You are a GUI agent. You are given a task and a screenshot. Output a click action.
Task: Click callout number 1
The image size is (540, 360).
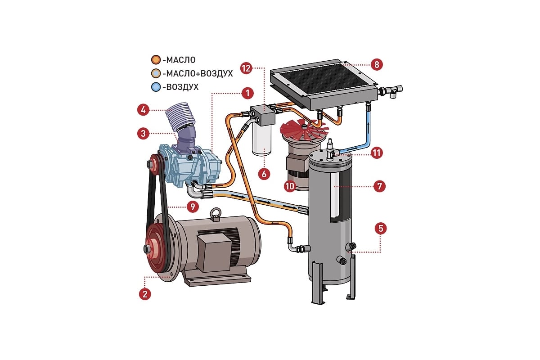pos(246,94)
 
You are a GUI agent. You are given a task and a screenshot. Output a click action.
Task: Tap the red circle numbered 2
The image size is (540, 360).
pos(144,294)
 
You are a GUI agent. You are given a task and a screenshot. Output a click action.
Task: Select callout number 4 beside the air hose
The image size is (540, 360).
pos(143,109)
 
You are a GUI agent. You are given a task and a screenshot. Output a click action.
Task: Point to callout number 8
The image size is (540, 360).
pos(377,64)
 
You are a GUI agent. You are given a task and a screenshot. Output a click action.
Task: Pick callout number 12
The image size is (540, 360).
pos(246,68)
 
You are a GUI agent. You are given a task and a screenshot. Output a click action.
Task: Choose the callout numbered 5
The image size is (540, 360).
pos(381,228)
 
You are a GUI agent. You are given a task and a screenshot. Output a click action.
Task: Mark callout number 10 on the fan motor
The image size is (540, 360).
pos(290,185)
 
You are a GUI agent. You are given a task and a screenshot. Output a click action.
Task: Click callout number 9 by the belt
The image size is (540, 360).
pos(192,207)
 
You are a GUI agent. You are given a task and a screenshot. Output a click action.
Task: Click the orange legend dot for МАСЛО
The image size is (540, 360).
pos(155,59)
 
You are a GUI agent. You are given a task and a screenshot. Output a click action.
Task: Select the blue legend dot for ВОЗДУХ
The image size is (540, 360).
pos(155,86)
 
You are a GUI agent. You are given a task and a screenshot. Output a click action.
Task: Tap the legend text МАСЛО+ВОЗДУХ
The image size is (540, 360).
pos(198,73)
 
